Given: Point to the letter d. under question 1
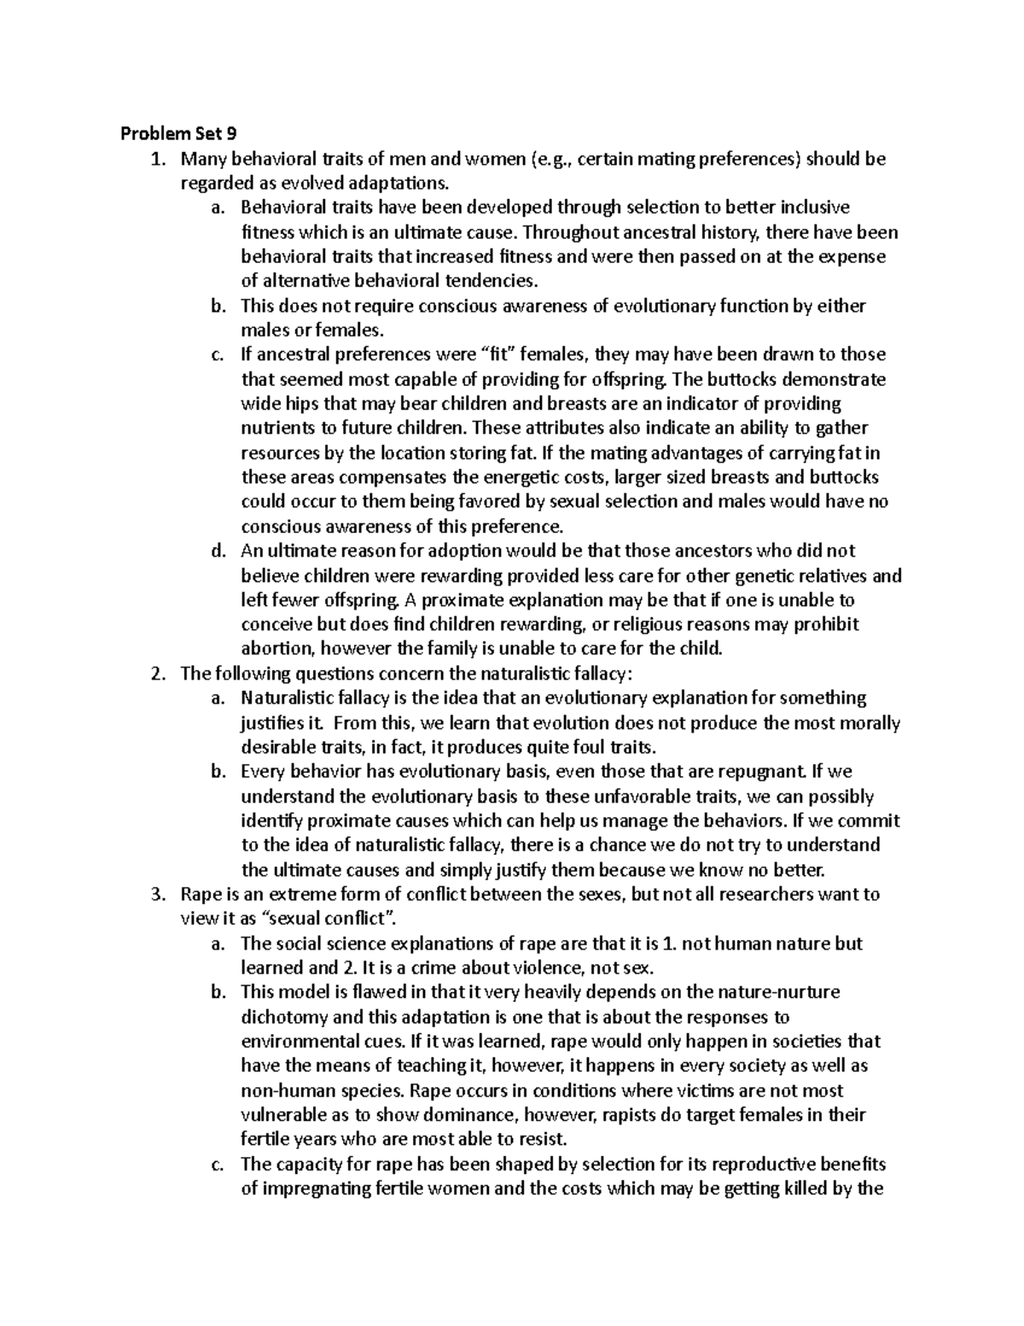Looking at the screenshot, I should point(218,551).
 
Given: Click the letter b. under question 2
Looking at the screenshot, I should point(218,772).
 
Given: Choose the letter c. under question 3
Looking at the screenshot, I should point(218,1165).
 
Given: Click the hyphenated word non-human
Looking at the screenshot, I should point(281,1091).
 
